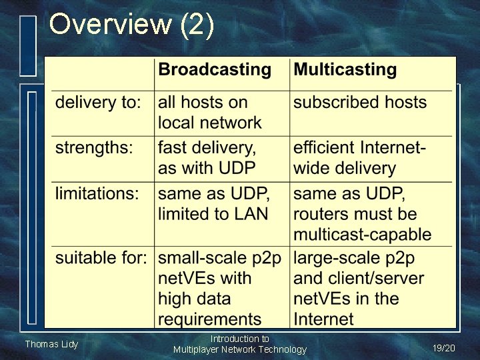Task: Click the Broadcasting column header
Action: click(x=215, y=70)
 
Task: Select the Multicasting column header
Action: click(x=345, y=70)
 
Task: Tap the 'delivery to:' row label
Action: click(x=98, y=103)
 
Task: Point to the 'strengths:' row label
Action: click(x=94, y=147)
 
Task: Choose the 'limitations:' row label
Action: click(x=97, y=194)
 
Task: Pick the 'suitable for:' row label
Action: click(x=101, y=257)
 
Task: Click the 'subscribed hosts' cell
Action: click(x=359, y=103)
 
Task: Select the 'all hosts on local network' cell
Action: click(x=210, y=113)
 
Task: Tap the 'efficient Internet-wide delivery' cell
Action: click(x=359, y=158)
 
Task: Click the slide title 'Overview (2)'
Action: click(x=131, y=25)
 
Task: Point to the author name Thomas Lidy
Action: click(x=51, y=344)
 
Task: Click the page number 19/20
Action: click(x=443, y=348)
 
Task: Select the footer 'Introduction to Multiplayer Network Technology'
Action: click(x=239, y=344)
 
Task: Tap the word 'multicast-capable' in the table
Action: click(x=362, y=235)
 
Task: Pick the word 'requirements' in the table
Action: click(x=209, y=319)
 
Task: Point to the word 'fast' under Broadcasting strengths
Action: click(x=171, y=147)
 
